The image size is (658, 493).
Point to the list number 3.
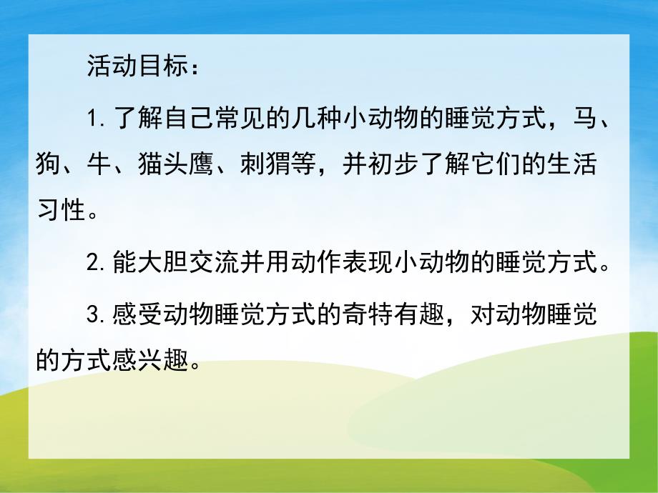pos(92,314)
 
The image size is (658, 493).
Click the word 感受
pos(140,314)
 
